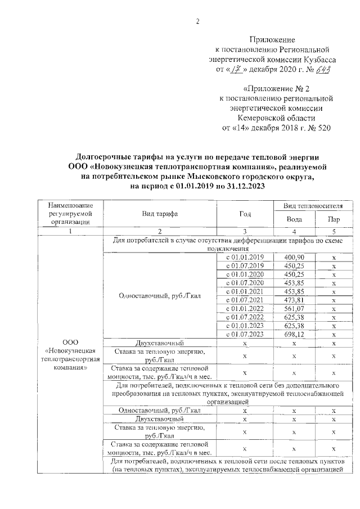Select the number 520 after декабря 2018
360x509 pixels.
pos(324,128)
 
